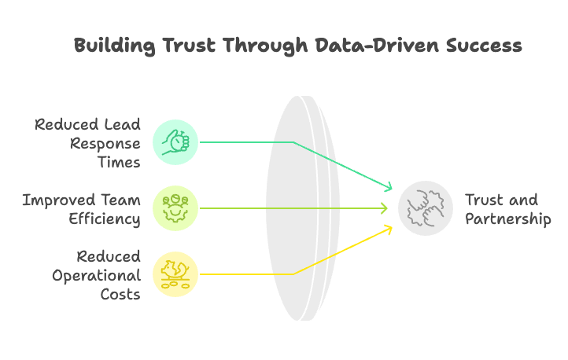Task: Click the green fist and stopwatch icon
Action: [175, 142]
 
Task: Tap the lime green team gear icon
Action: [175, 208]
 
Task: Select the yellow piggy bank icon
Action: [175, 274]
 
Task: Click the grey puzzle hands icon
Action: [426, 208]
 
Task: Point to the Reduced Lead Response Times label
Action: [88, 143]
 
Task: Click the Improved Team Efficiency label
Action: [82, 209]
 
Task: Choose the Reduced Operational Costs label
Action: [97, 275]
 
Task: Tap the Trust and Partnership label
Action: [507, 209]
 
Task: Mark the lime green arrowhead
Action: [384, 208]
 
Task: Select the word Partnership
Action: [507, 219]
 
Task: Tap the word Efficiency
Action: [104, 219]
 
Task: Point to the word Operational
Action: [97, 275]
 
